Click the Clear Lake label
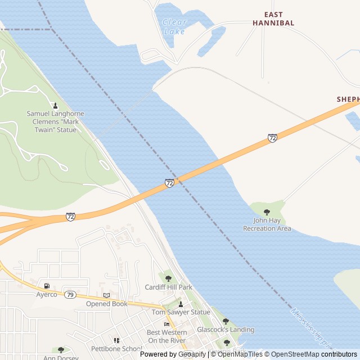tap(174, 26)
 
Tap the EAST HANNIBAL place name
tap(273, 19)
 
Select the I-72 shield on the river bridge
tap(169, 183)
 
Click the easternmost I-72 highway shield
tap(272, 138)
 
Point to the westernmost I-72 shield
tap(70, 217)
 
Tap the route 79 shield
tap(70, 294)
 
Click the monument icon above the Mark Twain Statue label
tap(55, 105)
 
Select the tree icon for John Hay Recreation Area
tap(267, 212)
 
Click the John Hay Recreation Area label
tap(267, 224)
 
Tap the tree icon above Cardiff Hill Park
tap(168, 278)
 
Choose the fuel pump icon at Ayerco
tap(47, 286)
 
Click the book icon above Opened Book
tap(106, 295)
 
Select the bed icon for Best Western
tap(166, 324)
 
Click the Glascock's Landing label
tap(225, 330)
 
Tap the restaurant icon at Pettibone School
tap(116, 340)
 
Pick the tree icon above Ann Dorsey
tap(61, 350)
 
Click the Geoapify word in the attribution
tap(193, 354)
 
